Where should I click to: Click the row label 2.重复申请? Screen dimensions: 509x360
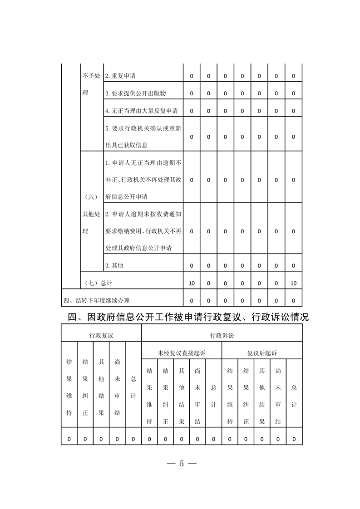coord(120,76)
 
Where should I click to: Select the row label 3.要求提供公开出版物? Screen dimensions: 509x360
coord(135,93)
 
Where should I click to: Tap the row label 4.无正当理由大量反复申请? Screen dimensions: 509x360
coord(141,111)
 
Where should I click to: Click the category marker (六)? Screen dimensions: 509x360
coord(91,197)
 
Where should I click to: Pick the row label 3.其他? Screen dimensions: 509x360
coord(114,265)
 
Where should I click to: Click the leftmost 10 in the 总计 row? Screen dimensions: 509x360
coord(192,283)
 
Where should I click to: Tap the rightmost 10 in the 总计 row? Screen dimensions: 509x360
coord(293,283)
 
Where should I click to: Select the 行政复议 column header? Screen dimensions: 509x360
coord(101,335)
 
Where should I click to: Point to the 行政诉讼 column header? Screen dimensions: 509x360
coord(222,335)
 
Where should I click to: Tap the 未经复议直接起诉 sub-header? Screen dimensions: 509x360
coord(182,352)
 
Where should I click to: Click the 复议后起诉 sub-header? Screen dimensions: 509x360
coord(262,352)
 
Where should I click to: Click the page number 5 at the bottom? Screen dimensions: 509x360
coord(181,464)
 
